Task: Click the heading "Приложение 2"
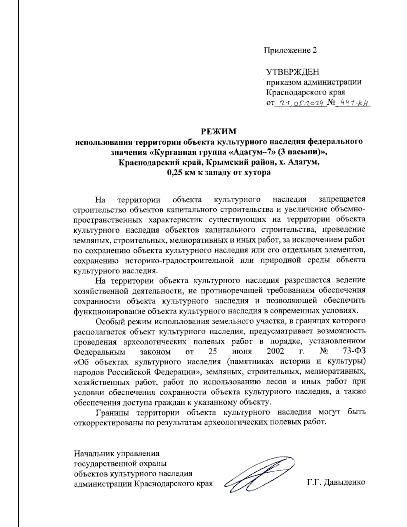click(x=290, y=50)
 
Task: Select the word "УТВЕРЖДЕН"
click(x=292, y=72)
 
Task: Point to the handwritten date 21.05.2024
click(x=300, y=103)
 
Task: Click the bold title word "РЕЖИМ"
click(x=219, y=131)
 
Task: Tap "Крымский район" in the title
click(x=240, y=162)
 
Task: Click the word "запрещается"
click(x=342, y=199)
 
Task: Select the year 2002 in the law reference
click(x=275, y=351)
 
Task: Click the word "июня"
click(x=242, y=351)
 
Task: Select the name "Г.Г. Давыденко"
click(x=336, y=482)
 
